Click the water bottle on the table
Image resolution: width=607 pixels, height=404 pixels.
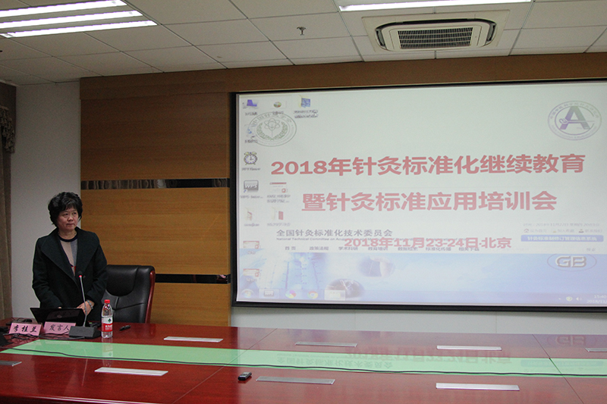[x=107, y=320]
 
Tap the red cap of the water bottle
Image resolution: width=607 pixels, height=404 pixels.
[x=107, y=302]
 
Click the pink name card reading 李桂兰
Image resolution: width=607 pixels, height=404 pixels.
[x=24, y=329]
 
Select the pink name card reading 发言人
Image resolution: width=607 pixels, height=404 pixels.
[x=58, y=328]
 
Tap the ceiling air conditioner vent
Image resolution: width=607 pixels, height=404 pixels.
[x=436, y=35]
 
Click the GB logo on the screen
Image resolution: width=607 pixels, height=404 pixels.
[x=571, y=262]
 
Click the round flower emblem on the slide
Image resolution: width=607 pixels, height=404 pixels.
[x=275, y=128]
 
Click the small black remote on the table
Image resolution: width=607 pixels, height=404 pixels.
[x=244, y=375]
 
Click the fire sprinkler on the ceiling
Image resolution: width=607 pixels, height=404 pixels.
[x=301, y=31]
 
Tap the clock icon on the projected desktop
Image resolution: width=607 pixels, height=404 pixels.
[x=250, y=158]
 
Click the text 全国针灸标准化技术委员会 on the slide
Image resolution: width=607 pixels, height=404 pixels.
[x=333, y=233]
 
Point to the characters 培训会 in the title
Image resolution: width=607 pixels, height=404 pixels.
[x=524, y=202]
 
